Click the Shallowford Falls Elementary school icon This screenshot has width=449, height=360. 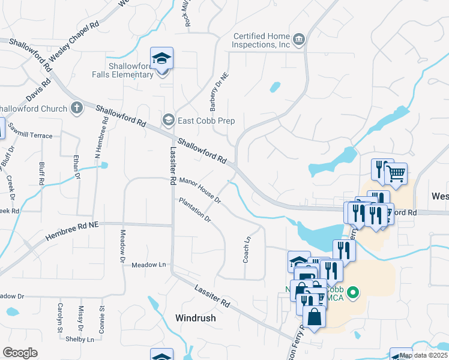click(161, 58)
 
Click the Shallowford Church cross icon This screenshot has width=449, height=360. click(76, 109)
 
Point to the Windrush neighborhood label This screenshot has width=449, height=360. click(195, 318)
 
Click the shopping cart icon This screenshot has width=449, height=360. click(396, 174)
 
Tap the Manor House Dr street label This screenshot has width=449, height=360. click(200, 190)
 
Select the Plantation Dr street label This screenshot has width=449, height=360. click(195, 210)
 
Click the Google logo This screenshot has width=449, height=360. click(19, 353)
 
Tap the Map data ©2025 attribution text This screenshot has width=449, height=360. click(423, 355)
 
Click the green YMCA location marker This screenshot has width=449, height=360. click(354, 293)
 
